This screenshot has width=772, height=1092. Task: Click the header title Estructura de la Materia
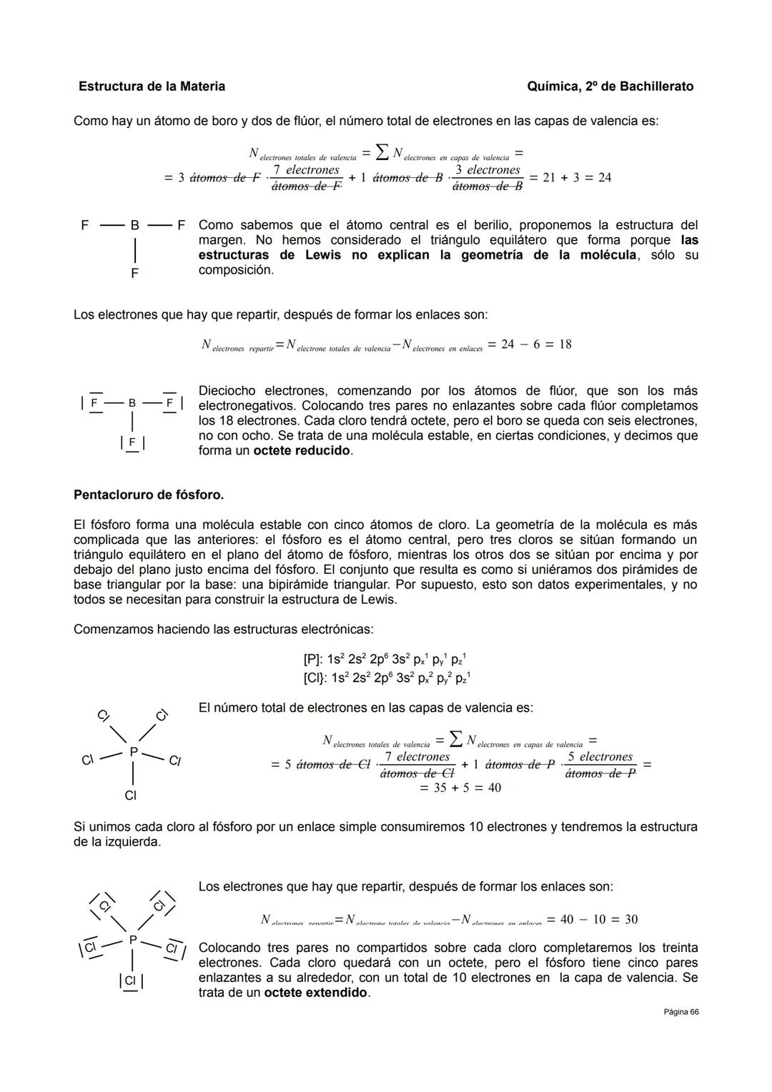[x=152, y=86]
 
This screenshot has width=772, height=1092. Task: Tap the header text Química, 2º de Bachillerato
[x=610, y=86]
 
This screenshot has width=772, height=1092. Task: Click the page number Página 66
[x=680, y=1012]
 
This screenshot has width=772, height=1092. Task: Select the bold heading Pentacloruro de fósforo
[x=149, y=495]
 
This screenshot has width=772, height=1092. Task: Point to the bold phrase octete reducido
[x=302, y=451]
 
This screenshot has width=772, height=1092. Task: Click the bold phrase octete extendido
[x=315, y=993]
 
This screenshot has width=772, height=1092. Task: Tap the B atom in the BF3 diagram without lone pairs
[x=134, y=225]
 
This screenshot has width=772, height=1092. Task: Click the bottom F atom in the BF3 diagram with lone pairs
[x=132, y=442]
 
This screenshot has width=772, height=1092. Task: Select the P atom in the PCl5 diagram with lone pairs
[x=132, y=940]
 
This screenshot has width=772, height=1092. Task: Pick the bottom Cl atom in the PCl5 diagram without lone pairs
[x=130, y=795]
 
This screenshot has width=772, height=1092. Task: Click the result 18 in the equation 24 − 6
[x=565, y=344]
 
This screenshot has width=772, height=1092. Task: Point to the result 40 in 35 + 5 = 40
[x=493, y=788]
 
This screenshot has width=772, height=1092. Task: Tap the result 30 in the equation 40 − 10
[x=630, y=919]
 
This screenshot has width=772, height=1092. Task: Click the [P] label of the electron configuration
[x=313, y=660]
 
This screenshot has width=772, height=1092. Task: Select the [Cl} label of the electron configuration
[x=315, y=677]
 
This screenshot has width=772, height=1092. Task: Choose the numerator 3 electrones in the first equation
[x=488, y=170]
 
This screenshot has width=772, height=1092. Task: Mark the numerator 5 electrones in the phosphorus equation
[x=600, y=757]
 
